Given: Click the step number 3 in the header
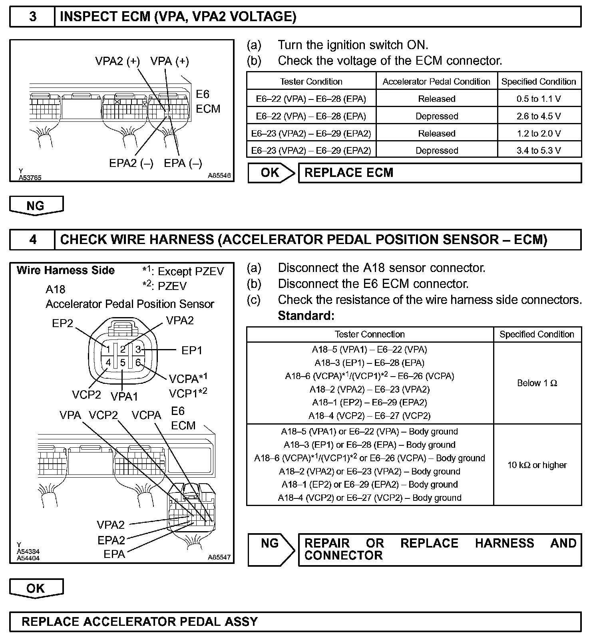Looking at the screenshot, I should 33,17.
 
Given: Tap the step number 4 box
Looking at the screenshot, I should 33,240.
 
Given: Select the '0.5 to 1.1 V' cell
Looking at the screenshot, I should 539,99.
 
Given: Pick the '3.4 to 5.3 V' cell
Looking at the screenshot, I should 539,151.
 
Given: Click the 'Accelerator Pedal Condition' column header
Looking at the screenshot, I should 436,81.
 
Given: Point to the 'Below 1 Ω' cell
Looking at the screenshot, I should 537,383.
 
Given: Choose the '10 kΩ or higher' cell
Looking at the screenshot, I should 537,465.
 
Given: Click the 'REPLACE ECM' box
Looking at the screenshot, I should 440,173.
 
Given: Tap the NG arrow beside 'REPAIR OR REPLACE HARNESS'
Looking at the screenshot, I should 271,549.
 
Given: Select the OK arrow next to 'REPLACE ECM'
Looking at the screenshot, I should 271,173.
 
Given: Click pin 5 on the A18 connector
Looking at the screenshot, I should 123,363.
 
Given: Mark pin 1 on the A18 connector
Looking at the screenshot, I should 108,349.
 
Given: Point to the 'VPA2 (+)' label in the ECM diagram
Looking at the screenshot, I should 117,61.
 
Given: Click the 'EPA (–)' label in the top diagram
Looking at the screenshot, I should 183,163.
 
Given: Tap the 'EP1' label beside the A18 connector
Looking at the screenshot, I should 192,350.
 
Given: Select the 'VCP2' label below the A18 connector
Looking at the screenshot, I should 86,395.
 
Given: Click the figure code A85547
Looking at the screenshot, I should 219,557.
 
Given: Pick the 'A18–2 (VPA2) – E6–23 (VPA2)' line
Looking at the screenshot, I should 369,389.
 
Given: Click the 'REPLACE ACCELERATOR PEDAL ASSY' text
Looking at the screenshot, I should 139,622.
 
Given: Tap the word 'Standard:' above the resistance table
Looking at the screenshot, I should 306,316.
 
